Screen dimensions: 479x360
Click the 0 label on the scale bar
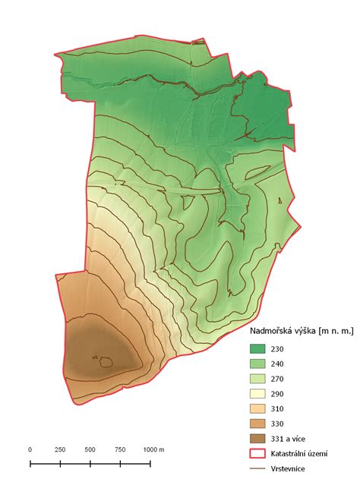point(30,449)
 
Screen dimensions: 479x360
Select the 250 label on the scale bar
point(60,449)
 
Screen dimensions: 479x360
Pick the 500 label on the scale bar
point(90,449)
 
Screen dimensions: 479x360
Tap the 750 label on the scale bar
point(120,449)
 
